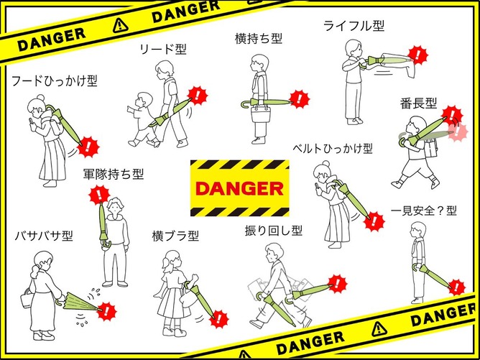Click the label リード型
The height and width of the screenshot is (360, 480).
(163, 50)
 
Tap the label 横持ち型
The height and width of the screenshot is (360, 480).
(259, 39)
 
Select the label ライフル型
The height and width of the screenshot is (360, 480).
(354, 26)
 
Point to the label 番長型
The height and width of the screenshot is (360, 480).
(418, 103)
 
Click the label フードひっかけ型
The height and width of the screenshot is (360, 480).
(55, 81)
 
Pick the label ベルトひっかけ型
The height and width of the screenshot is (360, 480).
(333, 149)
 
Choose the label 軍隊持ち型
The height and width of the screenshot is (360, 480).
(114, 174)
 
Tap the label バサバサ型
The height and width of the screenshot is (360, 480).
(44, 236)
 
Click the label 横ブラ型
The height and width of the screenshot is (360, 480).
(175, 236)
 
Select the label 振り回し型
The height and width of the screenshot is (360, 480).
(274, 231)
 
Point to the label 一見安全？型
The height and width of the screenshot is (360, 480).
(424, 211)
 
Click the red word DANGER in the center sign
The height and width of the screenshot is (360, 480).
(240, 188)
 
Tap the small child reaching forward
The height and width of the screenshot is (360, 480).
(143, 119)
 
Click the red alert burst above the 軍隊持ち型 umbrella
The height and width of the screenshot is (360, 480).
(99, 195)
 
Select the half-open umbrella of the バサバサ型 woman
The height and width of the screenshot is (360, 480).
(80, 303)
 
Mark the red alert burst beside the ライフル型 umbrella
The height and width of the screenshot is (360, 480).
(417, 55)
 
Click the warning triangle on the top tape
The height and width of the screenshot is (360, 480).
(120, 26)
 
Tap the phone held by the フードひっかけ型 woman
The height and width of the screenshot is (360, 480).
(31, 122)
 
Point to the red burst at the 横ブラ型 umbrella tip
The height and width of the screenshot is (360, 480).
(219, 319)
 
